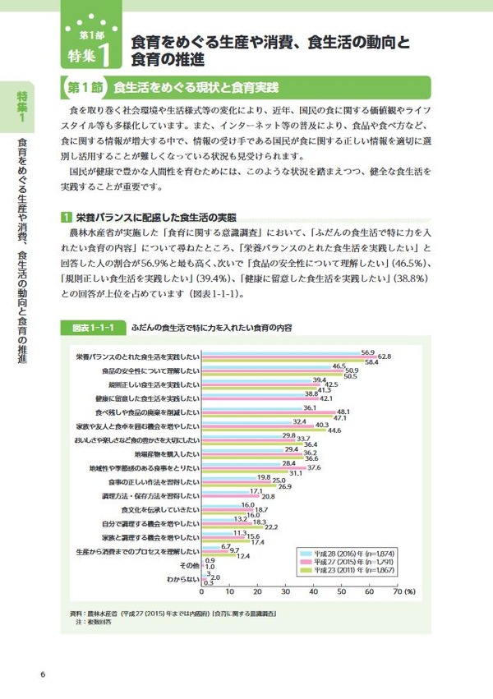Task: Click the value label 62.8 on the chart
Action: [385, 356]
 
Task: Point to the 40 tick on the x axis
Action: [314, 591]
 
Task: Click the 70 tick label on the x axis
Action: [397, 591]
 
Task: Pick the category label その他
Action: [189, 565]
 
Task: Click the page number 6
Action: [42, 675]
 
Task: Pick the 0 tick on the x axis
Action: [202, 591]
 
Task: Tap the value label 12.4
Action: [243, 555]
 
